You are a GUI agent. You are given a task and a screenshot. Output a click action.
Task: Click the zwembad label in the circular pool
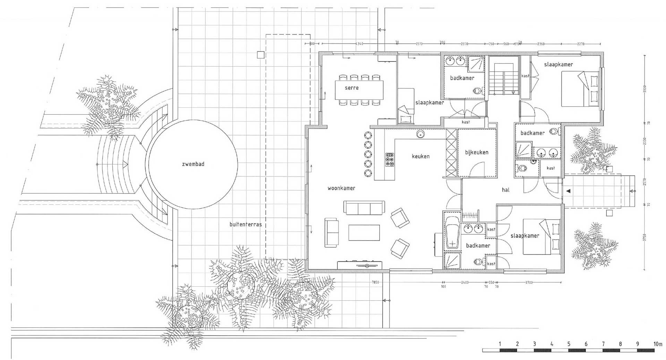click(193, 164)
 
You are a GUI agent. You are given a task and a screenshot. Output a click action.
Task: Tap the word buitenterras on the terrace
click(246, 225)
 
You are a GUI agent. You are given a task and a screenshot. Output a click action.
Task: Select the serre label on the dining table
click(351, 88)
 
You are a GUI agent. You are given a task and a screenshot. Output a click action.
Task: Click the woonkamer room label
click(341, 188)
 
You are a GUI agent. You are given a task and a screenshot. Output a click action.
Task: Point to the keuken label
click(420, 157)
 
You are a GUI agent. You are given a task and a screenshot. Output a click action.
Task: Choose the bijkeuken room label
click(477, 152)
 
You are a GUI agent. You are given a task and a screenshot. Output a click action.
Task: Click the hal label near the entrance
click(505, 190)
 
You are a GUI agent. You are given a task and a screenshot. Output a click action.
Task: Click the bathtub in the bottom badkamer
click(452, 232)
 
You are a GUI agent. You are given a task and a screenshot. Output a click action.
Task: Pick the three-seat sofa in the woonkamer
click(364, 208)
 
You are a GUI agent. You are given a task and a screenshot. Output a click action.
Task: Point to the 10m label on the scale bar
click(658, 344)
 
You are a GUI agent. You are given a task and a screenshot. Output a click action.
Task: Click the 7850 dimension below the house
click(375, 283)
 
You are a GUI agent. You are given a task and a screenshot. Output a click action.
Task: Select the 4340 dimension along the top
click(359, 44)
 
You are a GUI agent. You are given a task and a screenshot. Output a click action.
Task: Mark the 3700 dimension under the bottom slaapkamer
click(528, 283)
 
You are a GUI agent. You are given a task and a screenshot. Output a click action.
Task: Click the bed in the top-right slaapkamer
click(580, 89)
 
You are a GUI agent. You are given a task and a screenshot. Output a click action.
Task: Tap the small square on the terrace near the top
click(260, 55)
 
